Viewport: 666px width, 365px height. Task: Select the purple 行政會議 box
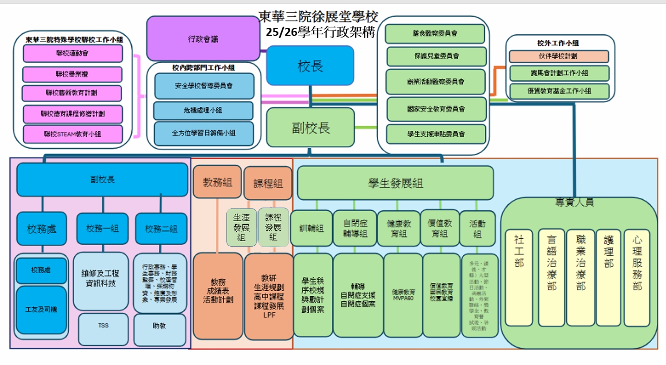pyautogui.click(x=203, y=39)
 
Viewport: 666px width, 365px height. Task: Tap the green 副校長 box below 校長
pyautogui.click(x=310, y=127)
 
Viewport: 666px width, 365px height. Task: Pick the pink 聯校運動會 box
pyautogui.click(x=72, y=53)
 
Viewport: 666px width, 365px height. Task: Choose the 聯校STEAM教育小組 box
pyautogui.click(x=72, y=134)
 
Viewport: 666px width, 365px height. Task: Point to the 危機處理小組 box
pyautogui.click(x=203, y=111)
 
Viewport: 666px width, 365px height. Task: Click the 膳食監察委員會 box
pyautogui.click(x=435, y=33)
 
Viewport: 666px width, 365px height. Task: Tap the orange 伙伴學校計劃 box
pyautogui.click(x=558, y=56)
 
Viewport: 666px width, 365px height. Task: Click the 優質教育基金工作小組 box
pyautogui.click(x=559, y=91)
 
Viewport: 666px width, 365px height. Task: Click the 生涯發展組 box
pyautogui.click(x=241, y=227)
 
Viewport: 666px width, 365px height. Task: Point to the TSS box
pyautogui.click(x=103, y=326)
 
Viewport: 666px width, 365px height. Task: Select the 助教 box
pyautogui.click(x=159, y=326)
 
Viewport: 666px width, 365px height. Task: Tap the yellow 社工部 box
pyautogui.click(x=519, y=277)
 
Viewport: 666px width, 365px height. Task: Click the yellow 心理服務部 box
pyautogui.click(x=637, y=277)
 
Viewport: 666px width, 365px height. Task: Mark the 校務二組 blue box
pyautogui.click(x=161, y=228)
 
